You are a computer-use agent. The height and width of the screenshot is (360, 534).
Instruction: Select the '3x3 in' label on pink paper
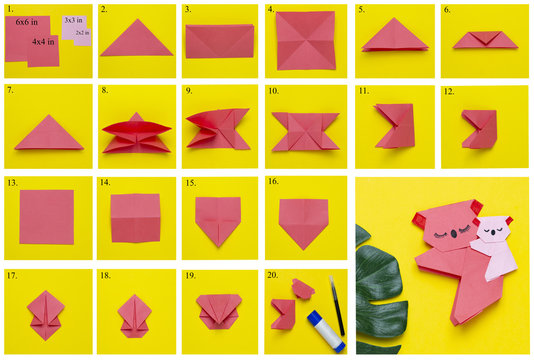(x=73, y=20)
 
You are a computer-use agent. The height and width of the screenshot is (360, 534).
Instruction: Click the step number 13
(x=12, y=183)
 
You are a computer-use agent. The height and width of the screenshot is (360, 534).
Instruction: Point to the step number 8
(x=103, y=91)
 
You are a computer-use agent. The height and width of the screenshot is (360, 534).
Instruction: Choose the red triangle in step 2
(x=136, y=39)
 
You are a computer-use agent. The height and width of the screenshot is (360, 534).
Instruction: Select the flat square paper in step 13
(x=46, y=216)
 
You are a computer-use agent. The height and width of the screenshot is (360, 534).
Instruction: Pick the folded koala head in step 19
(x=219, y=308)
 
